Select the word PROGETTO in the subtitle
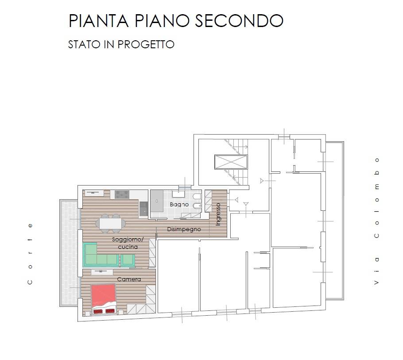click(x=146, y=45)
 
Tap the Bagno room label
click(x=179, y=205)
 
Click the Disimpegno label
click(x=184, y=229)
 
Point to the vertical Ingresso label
click(x=218, y=215)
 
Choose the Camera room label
click(x=129, y=279)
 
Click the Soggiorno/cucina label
click(x=125, y=243)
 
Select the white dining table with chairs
click(x=110, y=223)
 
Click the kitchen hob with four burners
click(x=121, y=194)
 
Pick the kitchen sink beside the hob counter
click(x=143, y=208)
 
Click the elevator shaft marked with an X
click(x=230, y=162)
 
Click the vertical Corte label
click(x=30, y=253)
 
